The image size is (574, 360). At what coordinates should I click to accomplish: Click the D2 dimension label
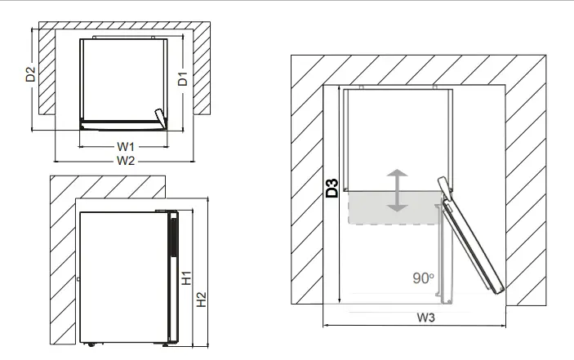point(30,74)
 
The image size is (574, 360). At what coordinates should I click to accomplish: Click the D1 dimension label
point(184,79)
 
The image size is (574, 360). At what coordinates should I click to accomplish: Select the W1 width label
point(124,145)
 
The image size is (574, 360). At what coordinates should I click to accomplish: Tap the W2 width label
point(124,160)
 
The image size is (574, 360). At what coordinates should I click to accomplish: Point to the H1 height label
point(186,278)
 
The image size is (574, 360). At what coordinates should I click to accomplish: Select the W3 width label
point(423,318)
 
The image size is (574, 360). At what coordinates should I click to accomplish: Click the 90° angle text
point(423,278)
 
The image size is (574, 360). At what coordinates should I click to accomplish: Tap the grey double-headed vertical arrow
point(398,190)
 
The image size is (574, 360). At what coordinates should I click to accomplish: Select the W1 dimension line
point(98,147)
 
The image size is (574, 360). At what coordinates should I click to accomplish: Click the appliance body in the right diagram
point(398,135)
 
